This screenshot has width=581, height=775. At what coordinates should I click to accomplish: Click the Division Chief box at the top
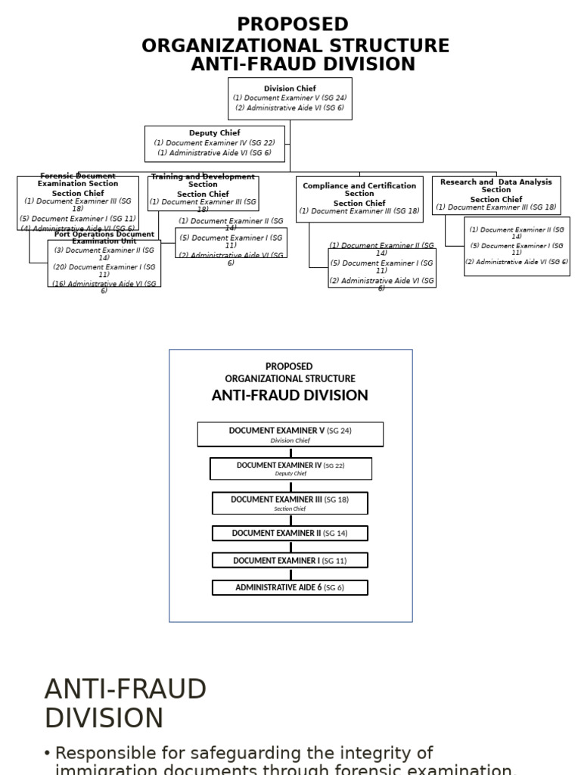[x=290, y=98]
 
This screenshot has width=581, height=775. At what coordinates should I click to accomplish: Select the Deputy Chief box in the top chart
[x=215, y=144]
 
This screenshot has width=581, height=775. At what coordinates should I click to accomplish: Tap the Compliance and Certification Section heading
[x=359, y=190]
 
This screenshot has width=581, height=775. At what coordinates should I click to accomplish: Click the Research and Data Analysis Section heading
[x=496, y=186]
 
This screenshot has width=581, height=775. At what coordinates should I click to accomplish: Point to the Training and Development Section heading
[x=203, y=181]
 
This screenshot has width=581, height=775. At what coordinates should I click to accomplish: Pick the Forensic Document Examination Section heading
[x=78, y=180]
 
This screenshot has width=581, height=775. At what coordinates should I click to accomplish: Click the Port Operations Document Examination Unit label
[x=104, y=238]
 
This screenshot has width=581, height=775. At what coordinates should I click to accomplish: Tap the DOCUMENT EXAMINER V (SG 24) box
[x=290, y=434]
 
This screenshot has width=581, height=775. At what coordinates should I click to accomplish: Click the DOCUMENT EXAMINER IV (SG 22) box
[x=290, y=468]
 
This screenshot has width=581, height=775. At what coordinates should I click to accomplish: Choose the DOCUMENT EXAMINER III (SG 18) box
[x=290, y=503]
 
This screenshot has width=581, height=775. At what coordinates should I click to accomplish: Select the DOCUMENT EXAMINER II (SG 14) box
[x=290, y=534]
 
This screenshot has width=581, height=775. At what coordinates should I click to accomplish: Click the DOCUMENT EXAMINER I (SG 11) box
[x=290, y=561]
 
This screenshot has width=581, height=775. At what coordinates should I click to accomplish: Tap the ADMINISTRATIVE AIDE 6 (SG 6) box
[x=290, y=588]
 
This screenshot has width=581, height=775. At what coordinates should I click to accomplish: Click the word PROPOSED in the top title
[x=293, y=24]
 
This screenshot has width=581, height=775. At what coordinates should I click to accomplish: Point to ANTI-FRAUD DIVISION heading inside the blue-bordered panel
[x=290, y=396]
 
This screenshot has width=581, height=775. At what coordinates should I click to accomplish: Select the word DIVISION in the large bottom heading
[x=104, y=718]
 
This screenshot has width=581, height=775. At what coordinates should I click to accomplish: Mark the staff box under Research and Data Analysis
[x=517, y=247]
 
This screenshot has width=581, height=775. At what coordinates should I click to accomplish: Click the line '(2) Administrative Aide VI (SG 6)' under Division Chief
[x=290, y=108]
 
